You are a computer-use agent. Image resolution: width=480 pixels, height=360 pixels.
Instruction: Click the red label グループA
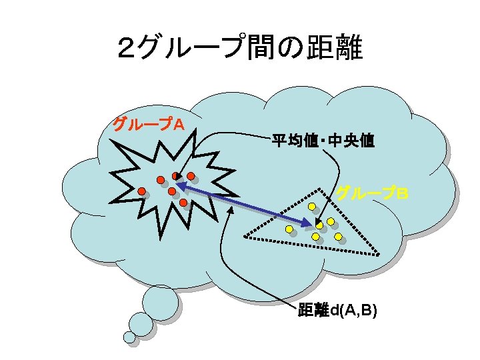click(x=148, y=125)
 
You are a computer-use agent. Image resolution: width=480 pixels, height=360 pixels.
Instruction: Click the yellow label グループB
click(x=372, y=193)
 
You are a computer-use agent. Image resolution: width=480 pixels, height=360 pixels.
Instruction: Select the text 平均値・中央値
click(x=323, y=141)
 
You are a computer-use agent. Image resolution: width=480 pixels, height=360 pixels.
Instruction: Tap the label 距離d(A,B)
click(x=337, y=310)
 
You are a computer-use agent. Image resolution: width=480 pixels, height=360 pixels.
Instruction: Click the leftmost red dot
click(x=142, y=191)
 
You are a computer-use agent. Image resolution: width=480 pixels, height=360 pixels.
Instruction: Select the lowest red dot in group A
click(x=183, y=201)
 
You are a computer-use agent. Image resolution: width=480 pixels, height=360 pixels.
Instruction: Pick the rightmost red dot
click(x=191, y=177)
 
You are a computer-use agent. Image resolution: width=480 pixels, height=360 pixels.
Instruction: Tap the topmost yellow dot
click(x=311, y=206)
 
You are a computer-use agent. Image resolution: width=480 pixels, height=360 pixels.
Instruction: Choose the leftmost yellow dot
click(x=289, y=229)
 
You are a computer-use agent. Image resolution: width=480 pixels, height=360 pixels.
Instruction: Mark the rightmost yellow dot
click(x=338, y=236)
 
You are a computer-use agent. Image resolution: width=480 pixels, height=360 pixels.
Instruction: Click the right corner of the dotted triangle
click(x=379, y=254)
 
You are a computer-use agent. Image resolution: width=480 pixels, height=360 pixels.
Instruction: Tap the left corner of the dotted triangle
click(x=245, y=237)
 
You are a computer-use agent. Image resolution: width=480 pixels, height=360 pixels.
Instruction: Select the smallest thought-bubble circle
click(x=129, y=337)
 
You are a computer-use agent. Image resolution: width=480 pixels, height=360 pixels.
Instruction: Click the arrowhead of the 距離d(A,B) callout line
click(x=231, y=208)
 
